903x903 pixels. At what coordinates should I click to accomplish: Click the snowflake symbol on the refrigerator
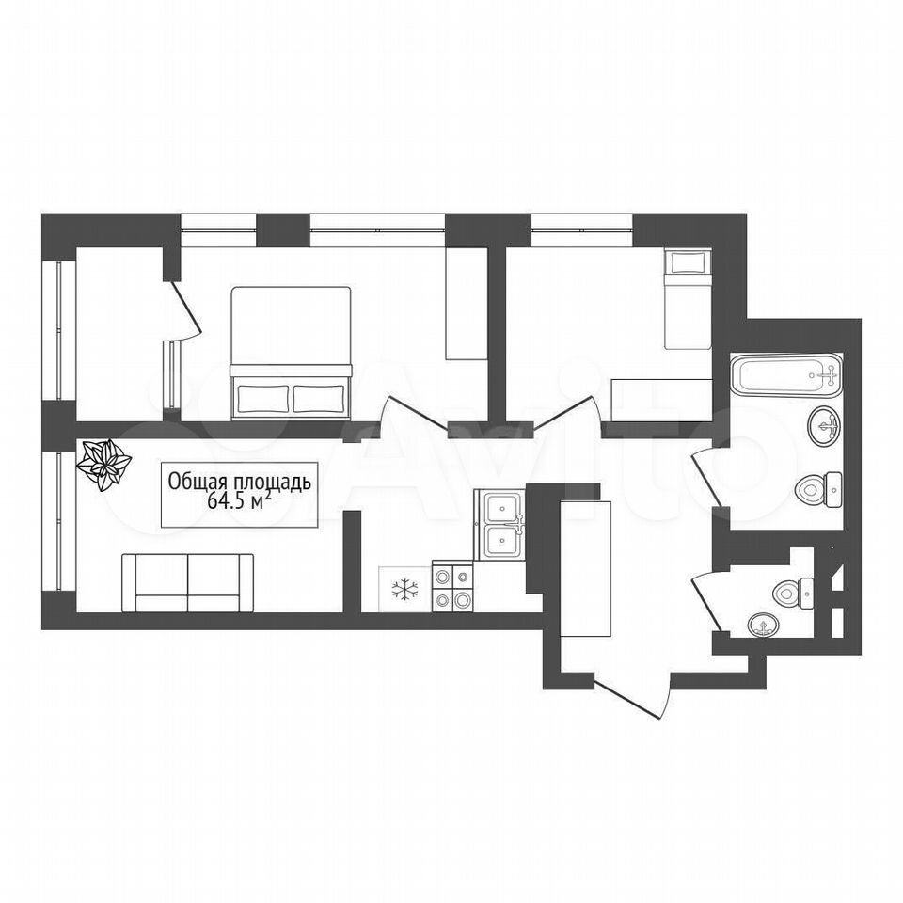pos(405,590)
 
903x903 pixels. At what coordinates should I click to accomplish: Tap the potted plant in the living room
pos(104,465)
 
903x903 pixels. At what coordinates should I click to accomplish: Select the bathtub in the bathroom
pos(786,375)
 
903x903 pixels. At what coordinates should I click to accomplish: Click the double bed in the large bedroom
pos(291,353)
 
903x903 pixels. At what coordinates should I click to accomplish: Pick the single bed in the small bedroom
pos(689,298)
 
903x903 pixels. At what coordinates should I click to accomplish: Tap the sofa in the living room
pos(188,583)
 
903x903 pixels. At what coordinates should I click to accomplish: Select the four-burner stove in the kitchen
pos(452,587)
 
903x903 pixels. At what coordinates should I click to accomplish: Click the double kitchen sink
pos(499,525)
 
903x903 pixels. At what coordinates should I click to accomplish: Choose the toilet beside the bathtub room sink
pos(819,489)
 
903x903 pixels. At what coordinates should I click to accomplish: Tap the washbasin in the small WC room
pos(763,626)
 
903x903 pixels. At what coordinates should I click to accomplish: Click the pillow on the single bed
pos(689,263)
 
